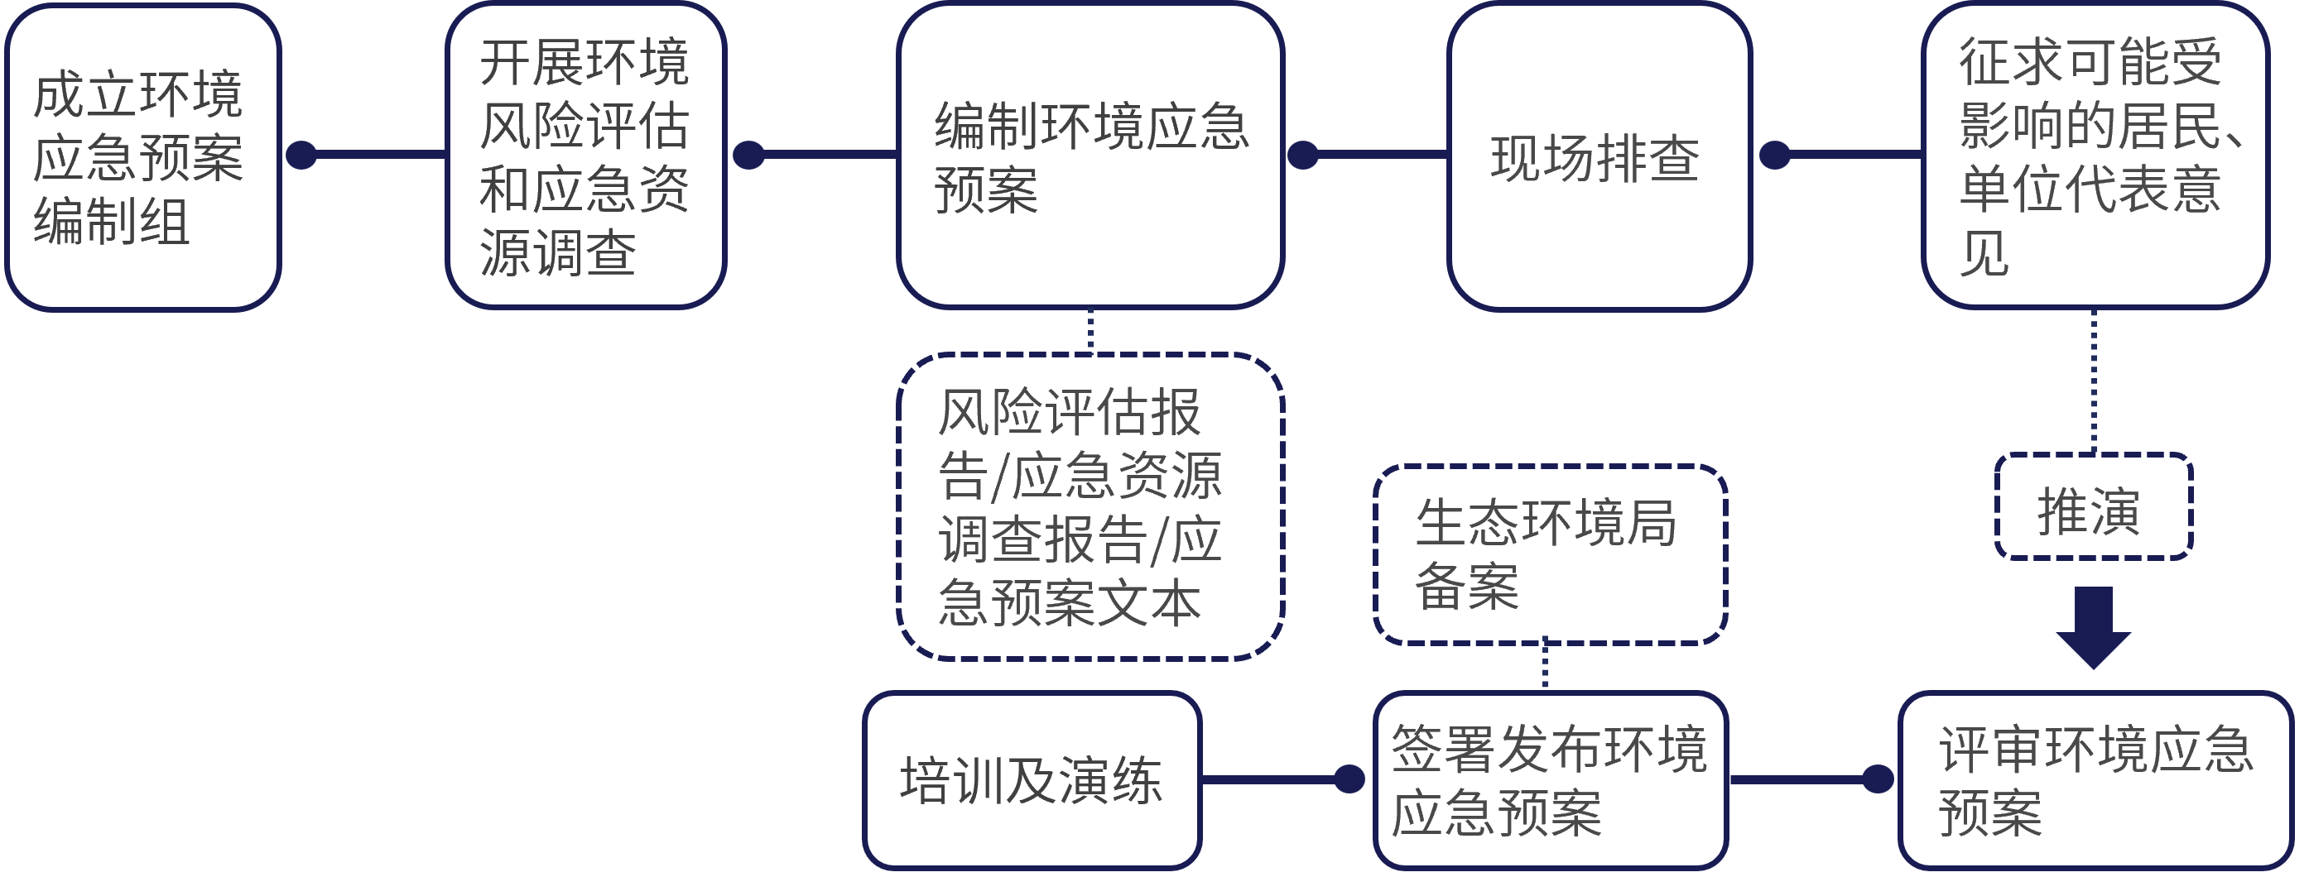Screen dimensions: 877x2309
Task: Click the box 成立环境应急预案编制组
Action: click(142, 156)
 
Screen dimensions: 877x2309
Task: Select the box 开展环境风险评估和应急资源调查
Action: click(584, 155)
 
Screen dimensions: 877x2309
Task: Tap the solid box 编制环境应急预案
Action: click(1090, 155)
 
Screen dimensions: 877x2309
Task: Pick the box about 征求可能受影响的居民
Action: click(2094, 155)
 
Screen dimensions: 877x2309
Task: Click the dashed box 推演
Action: click(2093, 508)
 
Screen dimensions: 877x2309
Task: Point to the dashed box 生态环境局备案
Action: click(1549, 554)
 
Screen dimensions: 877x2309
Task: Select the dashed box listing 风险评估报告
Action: click(1090, 507)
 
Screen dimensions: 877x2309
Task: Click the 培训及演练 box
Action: click(1032, 779)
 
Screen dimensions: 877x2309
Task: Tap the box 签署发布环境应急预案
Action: click(1549, 779)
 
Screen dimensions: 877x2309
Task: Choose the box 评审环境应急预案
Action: click(2095, 779)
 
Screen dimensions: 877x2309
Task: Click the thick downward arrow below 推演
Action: click(2093, 628)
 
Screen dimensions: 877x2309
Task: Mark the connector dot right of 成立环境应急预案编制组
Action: click(301, 155)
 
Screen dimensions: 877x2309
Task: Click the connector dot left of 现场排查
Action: click(1302, 155)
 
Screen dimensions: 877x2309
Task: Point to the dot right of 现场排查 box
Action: click(1775, 155)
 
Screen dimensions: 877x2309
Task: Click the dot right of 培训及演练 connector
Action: click(1349, 779)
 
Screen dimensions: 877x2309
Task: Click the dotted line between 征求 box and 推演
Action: click(2094, 381)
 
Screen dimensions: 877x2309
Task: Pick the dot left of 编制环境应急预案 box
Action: click(748, 155)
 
